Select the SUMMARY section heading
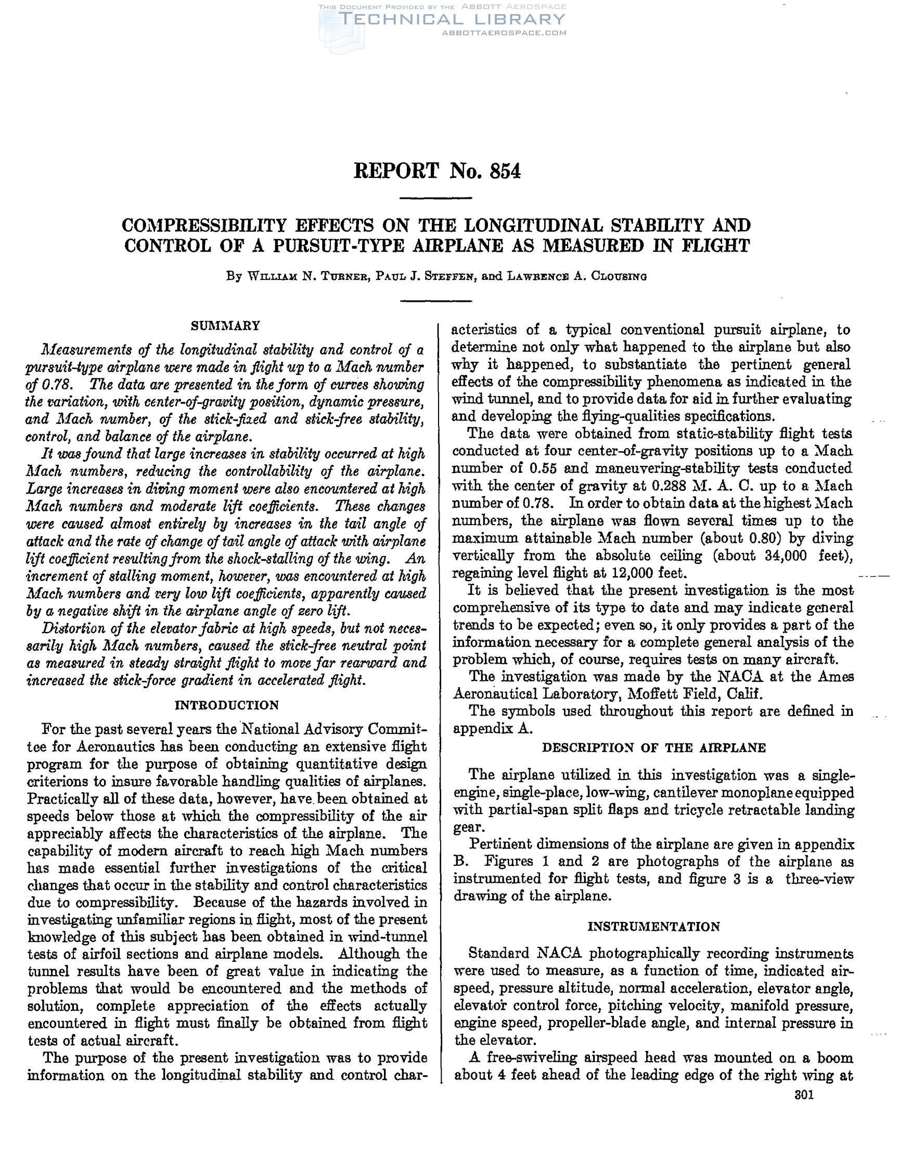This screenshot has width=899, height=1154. point(226,325)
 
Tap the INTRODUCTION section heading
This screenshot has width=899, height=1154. point(227,705)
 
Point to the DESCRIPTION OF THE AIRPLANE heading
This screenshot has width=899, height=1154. point(654,747)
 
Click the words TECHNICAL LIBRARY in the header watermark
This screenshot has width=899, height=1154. point(452,20)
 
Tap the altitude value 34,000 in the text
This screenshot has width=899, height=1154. point(788,556)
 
